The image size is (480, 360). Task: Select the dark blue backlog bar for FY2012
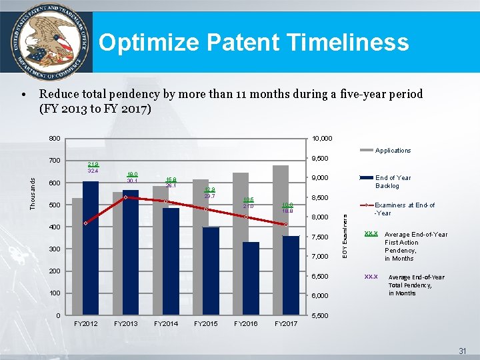[91, 247]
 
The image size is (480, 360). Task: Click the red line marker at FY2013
[126, 197]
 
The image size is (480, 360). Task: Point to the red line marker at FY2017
[285, 225]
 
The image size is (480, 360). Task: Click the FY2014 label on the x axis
[166, 323]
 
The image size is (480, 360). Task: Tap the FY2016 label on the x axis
[245, 323]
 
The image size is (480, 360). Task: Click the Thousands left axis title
[33, 193]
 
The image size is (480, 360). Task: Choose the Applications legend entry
[393, 151]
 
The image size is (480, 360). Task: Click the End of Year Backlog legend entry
[393, 181]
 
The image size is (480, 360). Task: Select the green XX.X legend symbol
[371, 234]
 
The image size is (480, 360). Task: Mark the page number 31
[462, 351]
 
